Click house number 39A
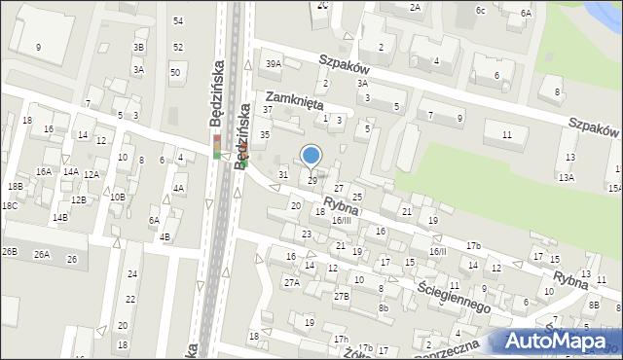[274, 64]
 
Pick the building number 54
[177, 20]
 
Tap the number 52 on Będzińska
[177, 47]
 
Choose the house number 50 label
[175, 72]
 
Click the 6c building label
[480, 10]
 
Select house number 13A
[566, 177]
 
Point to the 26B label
[9, 252]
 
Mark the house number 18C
[9, 206]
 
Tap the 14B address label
[60, 217]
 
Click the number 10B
[117, 197]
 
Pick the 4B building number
[165, 236]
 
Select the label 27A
[291, 282]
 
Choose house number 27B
[341, 296]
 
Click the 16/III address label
[341, 221]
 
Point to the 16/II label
[438, 251]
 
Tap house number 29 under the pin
[312, 181]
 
